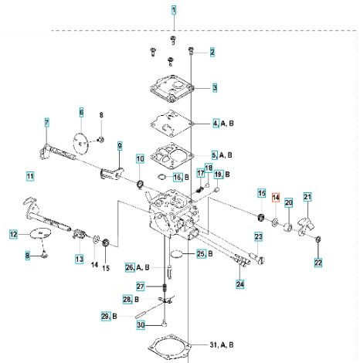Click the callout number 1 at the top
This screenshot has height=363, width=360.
coord(174,10)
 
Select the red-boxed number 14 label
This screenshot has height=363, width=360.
coord(276,198)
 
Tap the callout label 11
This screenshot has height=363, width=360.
coord(30,176)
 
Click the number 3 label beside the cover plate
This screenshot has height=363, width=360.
coord(215,88)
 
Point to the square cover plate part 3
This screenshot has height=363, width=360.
coord(172,89)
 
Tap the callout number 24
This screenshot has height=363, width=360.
coord(240,284)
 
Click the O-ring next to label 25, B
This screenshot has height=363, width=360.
coord(176,254)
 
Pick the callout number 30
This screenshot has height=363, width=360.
coord(141,325)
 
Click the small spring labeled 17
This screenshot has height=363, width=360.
coord(200,190)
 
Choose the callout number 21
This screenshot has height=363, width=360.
coord(307,197)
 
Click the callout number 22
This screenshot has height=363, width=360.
coord(318,263)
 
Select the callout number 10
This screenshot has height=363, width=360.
coord(140,159)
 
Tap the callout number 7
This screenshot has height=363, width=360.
coord(46,123)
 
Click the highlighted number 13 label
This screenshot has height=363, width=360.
coord(80,259)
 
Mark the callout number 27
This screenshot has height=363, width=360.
coord(140,287)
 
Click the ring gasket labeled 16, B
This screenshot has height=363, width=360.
coord(161,177)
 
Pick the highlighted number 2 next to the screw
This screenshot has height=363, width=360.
coord(212,53)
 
